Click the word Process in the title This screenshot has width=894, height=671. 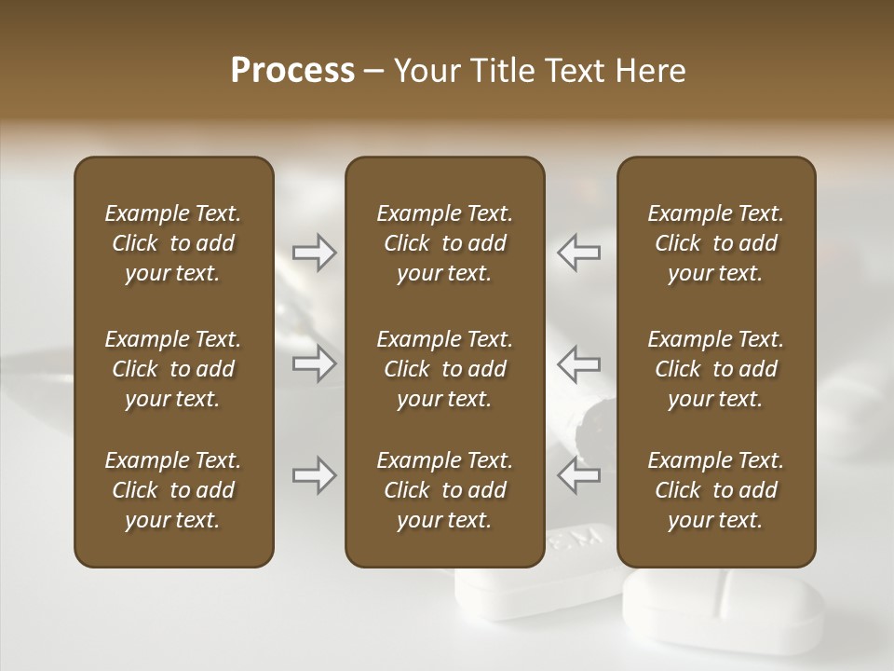[292, 71]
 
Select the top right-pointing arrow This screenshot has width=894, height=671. [314, 253]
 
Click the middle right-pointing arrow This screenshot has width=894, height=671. [314, 363]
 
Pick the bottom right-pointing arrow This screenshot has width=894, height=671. [314, 475]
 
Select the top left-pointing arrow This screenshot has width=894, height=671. [578, 253]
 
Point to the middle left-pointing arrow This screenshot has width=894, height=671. [578, 363]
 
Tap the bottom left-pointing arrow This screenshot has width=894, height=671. [578, 475]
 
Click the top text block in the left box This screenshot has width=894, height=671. [173, 243]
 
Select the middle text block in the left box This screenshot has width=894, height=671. [173, 369]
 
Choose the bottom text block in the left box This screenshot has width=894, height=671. [173, 490]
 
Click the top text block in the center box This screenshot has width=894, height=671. [444, 243]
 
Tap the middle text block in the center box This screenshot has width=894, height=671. [444, 369]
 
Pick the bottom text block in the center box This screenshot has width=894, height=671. [444, 490]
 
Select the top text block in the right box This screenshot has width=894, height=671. [715, 243]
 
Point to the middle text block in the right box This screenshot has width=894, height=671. [715, 369]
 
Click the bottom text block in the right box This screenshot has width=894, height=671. [715, 490]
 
